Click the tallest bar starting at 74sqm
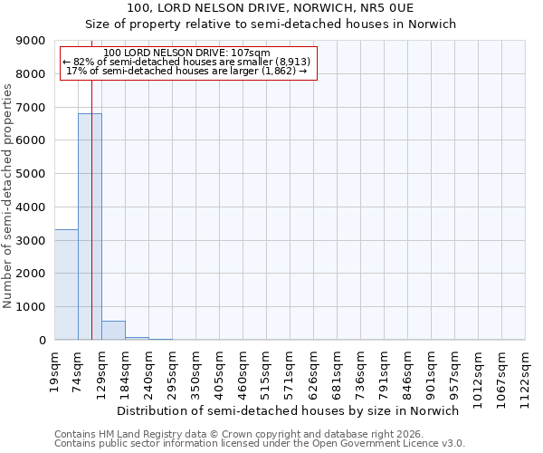(x=90, y=226)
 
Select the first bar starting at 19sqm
(x=66, y=284)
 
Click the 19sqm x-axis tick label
(x=54, y=369)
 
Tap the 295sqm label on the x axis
(x=172, y=371)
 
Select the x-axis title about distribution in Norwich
(x=289, y=410)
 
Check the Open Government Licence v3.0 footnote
(x=259, y=444)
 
